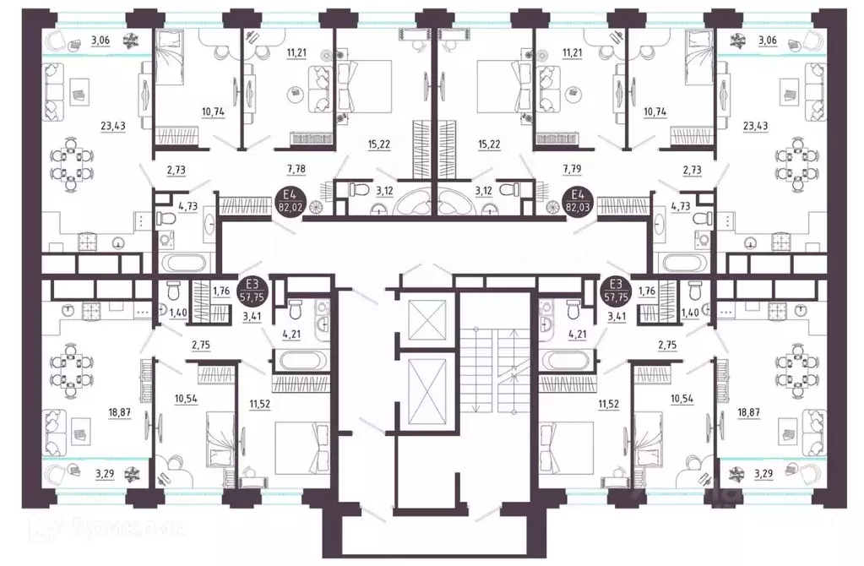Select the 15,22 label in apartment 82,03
tap(491, 144)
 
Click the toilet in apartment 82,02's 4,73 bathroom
tap(166, 219)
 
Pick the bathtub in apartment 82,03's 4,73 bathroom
tap(684, 261)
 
